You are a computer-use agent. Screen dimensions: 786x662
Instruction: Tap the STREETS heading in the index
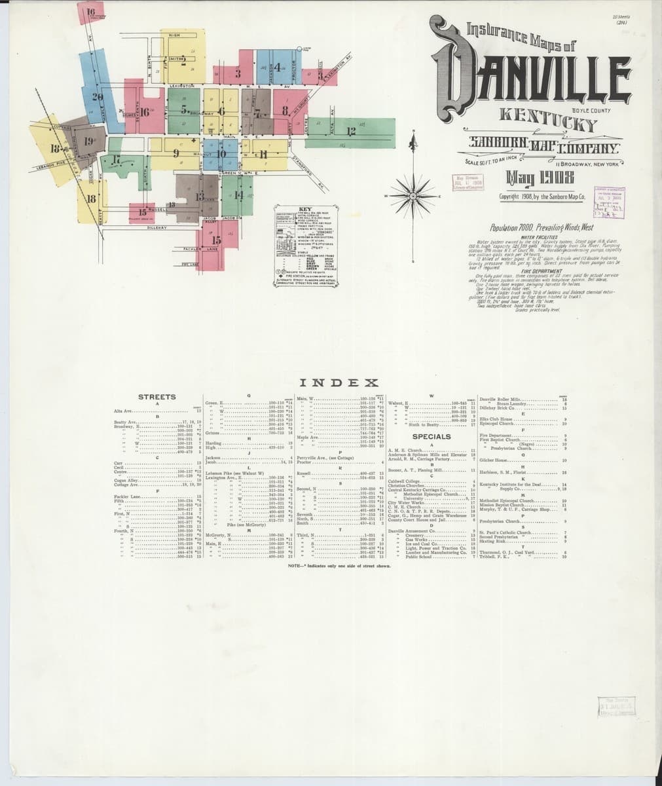click(x=157, y=397)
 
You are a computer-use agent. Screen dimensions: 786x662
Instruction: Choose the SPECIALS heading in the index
click(x=432, y=436)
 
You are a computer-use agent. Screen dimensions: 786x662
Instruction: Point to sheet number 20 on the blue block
click(x=98, y=98)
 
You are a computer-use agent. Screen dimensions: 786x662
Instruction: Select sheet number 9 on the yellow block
click(x=176, y=153)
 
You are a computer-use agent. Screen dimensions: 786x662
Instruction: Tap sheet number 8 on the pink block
click(x=285, y=110)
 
